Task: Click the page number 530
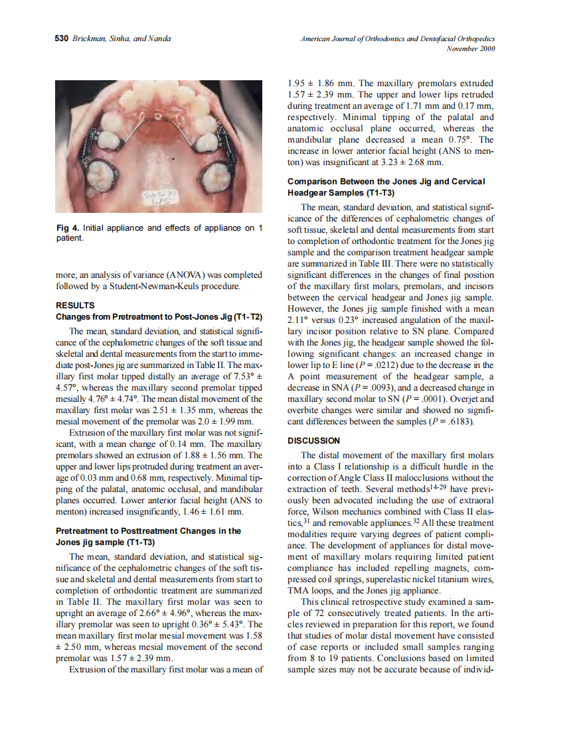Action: click(61, 38)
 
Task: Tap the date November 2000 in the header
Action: click(471, 48)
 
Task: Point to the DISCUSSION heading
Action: click(313, 440)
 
